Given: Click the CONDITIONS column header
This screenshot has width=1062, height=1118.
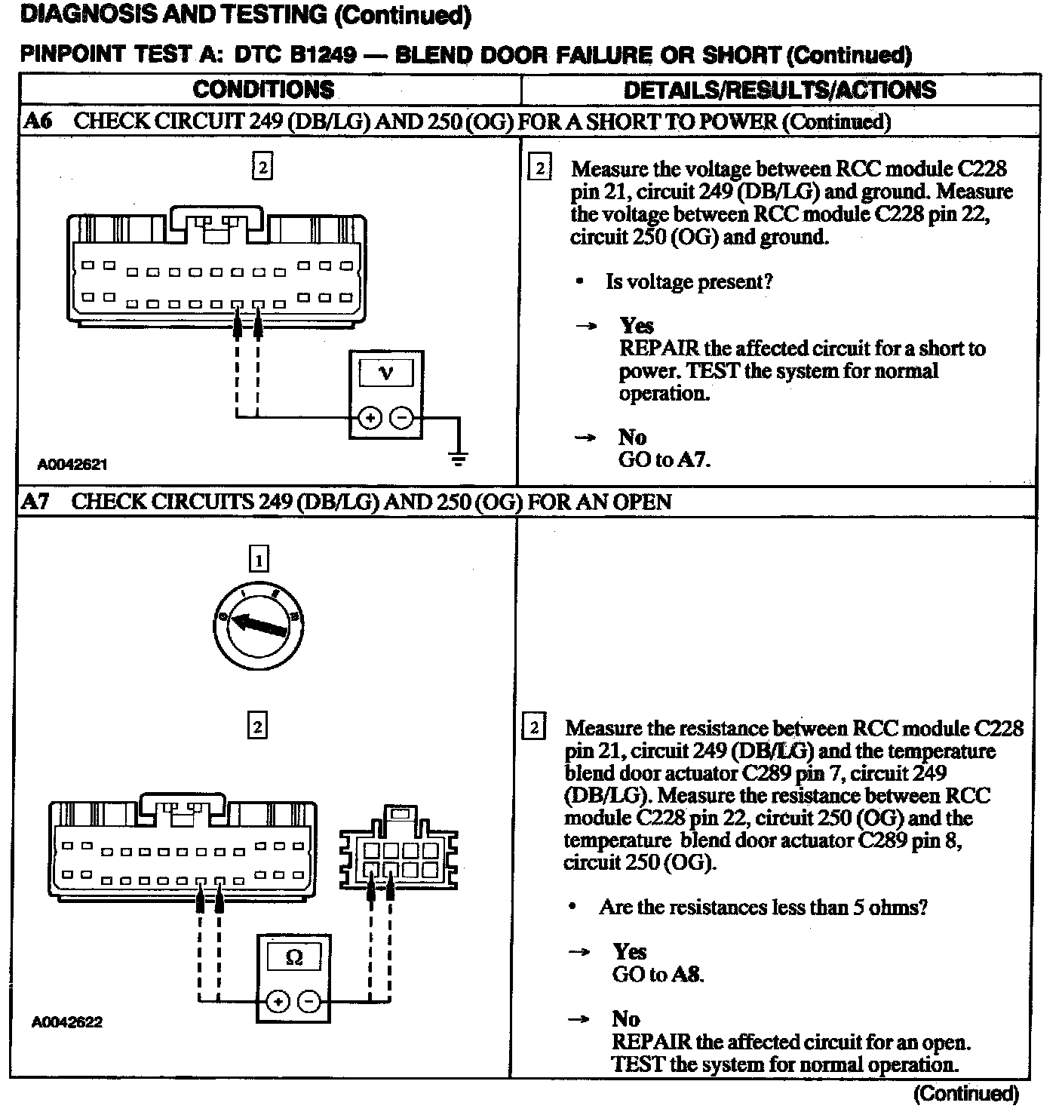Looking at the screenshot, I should pyautogui.click(x=263, y=90).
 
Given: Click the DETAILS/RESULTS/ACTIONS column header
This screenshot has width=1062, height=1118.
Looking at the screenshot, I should pyautogui.click(x=779, y=90).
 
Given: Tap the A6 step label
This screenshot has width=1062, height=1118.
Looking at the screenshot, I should pyautogui.click(x=38, y=121).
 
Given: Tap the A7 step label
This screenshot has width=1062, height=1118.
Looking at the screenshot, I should pyautogui.click(x=35, y=502).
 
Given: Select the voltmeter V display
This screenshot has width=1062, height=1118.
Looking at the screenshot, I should pyautogui.click(x=386, y=373).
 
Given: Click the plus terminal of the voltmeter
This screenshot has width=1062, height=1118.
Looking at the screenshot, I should pyautogui.click(x=370, y=417).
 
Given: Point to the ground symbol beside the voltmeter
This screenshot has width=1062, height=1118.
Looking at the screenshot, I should pyautogui.click(x=457, y=457).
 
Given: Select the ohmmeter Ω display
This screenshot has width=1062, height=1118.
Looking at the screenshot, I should pyautogui.click(x=294, y=958).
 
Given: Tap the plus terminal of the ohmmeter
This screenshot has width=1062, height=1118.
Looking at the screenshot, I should pyautogui.click(x=278, y=1002).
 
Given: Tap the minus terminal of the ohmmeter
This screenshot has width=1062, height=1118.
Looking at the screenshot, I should pyautogui.click(x=310, y=1002).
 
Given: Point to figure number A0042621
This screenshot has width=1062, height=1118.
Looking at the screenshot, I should pyautogui.click(x=72, y=465).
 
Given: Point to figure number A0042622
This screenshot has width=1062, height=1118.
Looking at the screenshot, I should pyautogui.click(x=67, y=1022).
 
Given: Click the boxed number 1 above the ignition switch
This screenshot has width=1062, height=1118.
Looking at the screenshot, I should pyautogui.click(x=259, y=560).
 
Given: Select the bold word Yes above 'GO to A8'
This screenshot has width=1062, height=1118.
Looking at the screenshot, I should pyautogui.click(x=629, y=951).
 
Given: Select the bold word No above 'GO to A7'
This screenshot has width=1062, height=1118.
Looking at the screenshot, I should pyautogui.click(x=632, y=438).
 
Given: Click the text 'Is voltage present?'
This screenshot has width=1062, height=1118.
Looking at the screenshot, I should pyautogui.click(x=689, y=282).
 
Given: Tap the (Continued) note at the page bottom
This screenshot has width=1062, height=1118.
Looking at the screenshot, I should pyautogui.click(x=966, y=1093).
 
